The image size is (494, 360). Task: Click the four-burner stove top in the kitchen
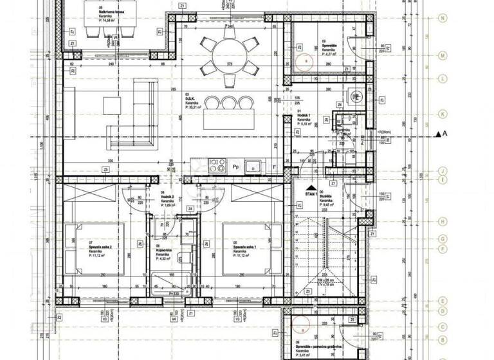tap(217, 163)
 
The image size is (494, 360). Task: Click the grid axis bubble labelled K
tap(442, 113)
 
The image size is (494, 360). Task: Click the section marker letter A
tap(453, 133)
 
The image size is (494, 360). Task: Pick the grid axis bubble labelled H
tap(442, 220)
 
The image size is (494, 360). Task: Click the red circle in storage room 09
tap(307, 61)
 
